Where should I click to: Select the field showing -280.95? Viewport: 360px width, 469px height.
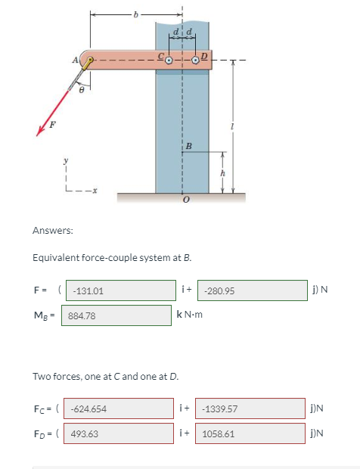coord(251,290)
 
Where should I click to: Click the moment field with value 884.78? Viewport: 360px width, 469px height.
coord(117,315)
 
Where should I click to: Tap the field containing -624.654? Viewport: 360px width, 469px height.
coord(119,408)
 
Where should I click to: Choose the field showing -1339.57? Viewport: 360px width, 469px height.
coord(251,408)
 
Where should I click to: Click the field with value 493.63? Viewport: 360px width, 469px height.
coord(119,433)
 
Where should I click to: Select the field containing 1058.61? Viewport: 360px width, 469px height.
coord(251,433)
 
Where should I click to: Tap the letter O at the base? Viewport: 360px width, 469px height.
coord(182,202)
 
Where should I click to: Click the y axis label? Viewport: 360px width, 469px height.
coord(66,160)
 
